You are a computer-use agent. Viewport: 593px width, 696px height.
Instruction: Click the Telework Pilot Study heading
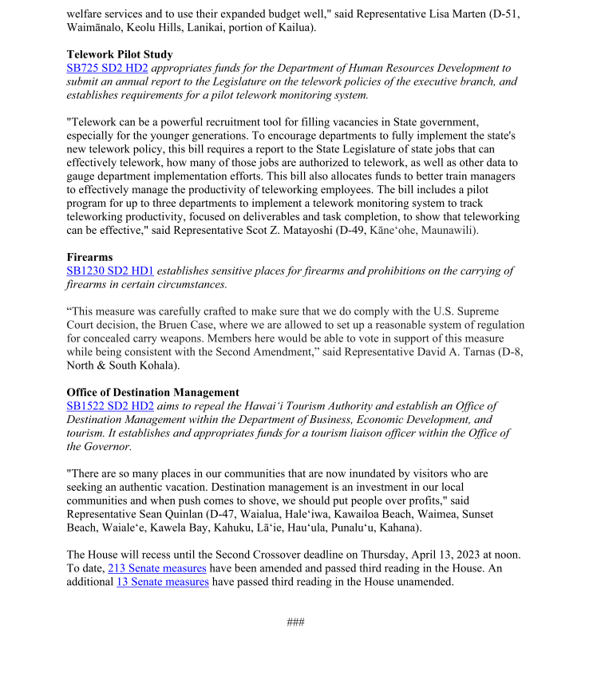pyautogui.click(x=120, y=55)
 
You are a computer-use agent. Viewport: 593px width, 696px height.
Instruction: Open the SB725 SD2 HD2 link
pyautogui.click(x=107, y=69)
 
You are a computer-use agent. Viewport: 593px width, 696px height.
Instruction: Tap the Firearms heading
pyautogui.click(x=89, y=258)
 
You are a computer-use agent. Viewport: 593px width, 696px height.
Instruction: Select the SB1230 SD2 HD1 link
pyautogui.click(x=110, y=271)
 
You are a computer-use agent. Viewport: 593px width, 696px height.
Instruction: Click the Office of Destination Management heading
pyautogui.click(x=152, y=393)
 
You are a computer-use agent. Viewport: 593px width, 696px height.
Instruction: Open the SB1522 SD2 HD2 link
pyautogui.click(x=110, y=406)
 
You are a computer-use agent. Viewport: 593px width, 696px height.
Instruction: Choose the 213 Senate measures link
pyautogui.click(x=157, y=568)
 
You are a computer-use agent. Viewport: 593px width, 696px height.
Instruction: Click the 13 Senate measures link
pyautogui.click(x=163, y=582)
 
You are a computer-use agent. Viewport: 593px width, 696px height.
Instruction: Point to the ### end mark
pyautogui.click(x=296, y=623)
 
